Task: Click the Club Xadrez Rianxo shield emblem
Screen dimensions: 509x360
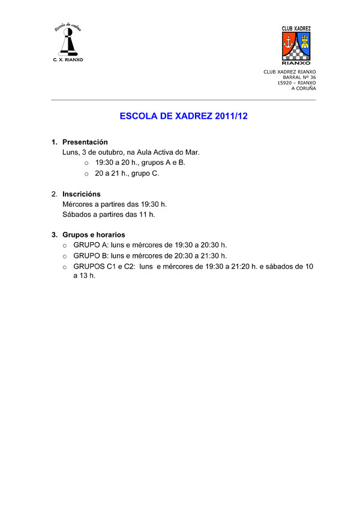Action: [x=296, y=45]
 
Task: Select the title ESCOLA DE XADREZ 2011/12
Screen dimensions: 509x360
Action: [x=184, y=116]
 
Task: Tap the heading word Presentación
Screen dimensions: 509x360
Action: [x=85, y=142]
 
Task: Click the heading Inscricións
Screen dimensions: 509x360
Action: [x=82, y=194]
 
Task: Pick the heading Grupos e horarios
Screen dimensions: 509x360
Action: [x=94, y=234]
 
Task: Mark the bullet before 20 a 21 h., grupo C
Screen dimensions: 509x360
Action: [x=86, y=173]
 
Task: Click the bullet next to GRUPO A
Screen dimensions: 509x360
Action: [x=65, y=245]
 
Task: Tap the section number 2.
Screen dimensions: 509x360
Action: [x=54, y=194]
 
